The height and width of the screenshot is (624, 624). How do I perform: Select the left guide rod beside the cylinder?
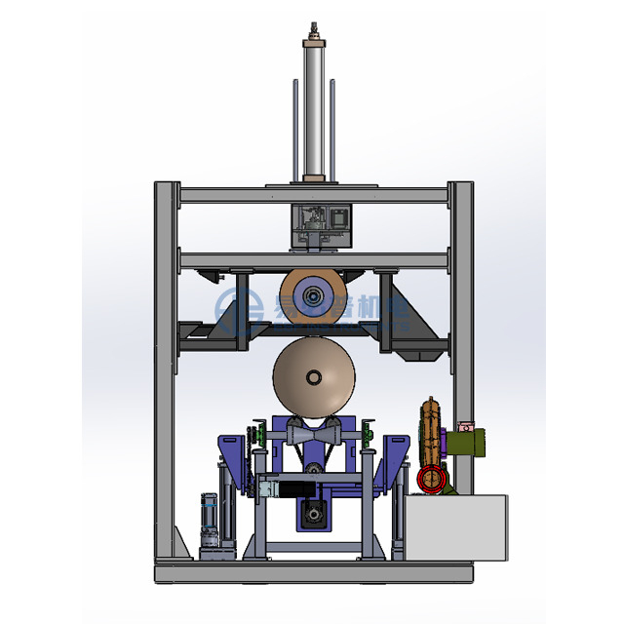coord(294,127)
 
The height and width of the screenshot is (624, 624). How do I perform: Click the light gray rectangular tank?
coord(456,527)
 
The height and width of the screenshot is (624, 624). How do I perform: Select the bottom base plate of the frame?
coord(312,574)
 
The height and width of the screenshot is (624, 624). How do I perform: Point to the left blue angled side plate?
coord(230,458)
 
